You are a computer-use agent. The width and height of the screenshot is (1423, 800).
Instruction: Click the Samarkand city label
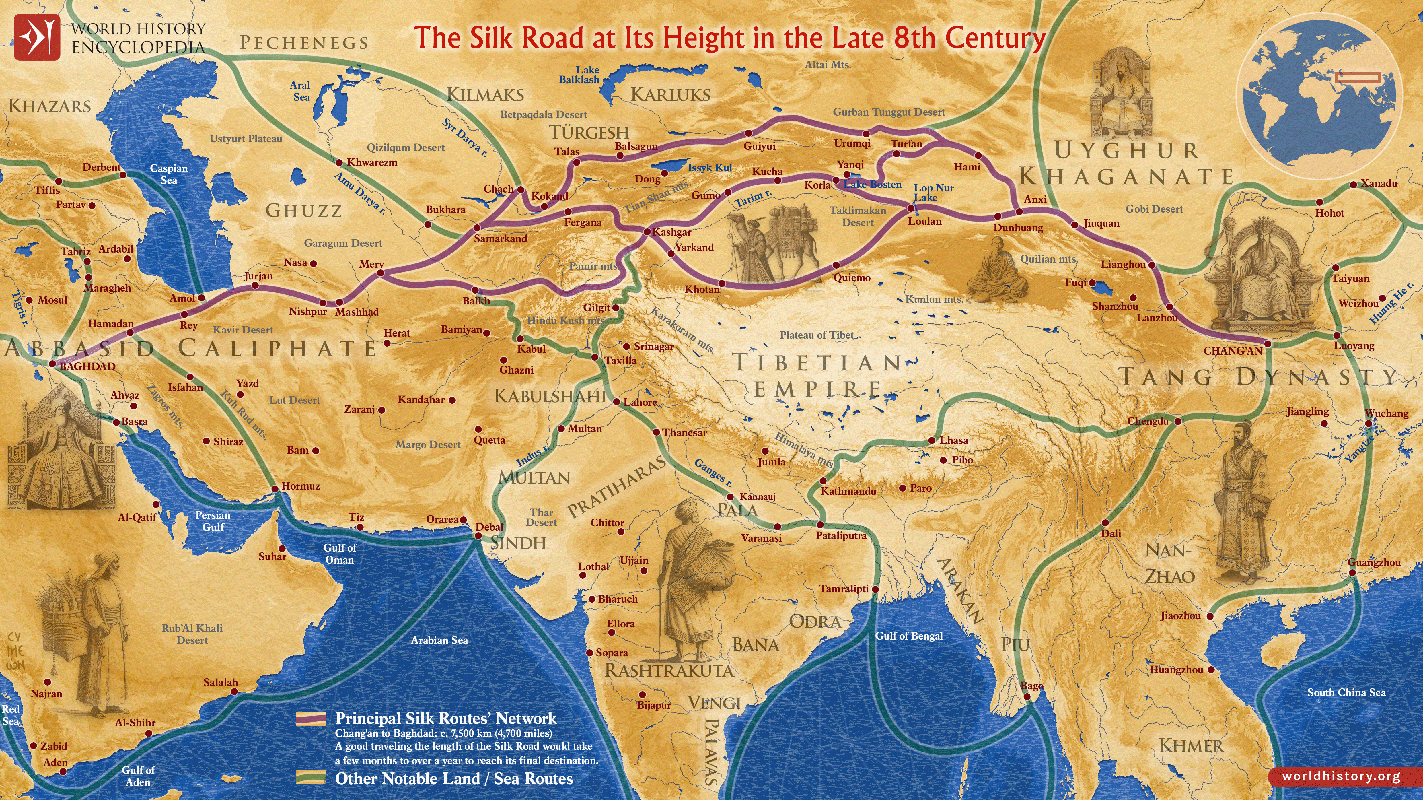coord(501,239)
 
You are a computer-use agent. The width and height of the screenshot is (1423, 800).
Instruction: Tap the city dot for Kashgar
coord(647,232)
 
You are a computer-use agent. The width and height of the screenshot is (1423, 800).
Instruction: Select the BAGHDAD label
coord(87,366)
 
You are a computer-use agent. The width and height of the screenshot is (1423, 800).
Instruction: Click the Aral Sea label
coord(301,91)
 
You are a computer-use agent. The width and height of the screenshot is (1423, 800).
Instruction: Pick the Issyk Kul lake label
coord(710,167)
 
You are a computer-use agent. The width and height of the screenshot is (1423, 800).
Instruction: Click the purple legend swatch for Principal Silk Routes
coord(310,719)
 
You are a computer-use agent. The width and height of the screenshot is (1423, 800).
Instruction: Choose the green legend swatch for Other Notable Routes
coord(310,778)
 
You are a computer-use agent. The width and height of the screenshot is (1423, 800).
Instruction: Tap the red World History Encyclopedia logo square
coord(36,37)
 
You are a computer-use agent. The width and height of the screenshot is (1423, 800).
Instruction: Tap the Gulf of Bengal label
coord(909,636)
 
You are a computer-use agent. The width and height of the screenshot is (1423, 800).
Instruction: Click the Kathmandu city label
coord(848,491)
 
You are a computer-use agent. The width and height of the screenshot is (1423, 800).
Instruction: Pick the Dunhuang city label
coord(1018,228)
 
